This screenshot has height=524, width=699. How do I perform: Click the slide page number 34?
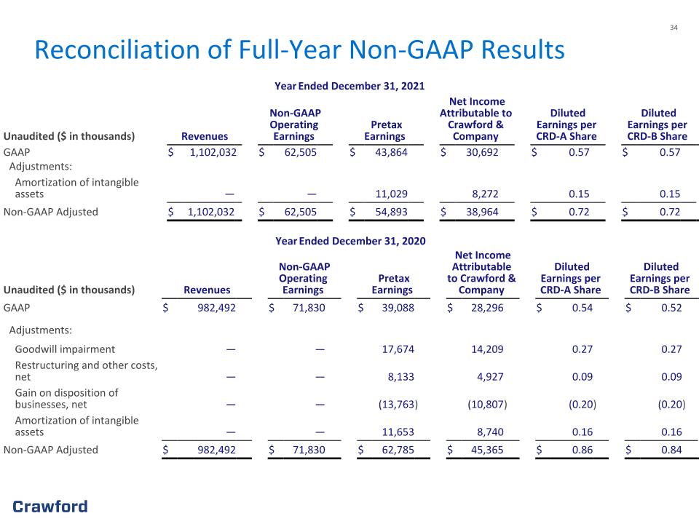674,28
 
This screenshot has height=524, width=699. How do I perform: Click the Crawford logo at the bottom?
50,507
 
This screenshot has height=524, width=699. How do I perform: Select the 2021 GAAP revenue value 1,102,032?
213,152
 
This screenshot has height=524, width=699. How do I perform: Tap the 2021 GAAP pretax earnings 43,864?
391,152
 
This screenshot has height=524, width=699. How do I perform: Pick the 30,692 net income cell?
482,152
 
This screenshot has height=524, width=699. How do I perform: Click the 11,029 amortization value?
391,194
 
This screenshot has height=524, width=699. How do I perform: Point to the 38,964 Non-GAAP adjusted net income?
482,212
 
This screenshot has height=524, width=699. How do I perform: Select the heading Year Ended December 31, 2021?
349,86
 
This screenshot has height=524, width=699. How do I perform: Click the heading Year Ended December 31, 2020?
350,241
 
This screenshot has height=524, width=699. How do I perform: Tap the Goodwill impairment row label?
65,349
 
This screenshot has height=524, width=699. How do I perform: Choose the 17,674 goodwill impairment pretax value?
398,349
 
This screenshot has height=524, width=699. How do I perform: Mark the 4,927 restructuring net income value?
490,376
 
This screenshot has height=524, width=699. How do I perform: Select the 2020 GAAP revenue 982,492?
216,307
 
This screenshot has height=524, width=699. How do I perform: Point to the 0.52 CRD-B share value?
671,307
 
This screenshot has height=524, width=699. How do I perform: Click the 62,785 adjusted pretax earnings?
398,450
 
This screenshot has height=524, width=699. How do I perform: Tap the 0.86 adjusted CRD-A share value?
582,450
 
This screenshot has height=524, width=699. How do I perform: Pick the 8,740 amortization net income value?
490,432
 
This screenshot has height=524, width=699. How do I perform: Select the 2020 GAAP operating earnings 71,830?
309,307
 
